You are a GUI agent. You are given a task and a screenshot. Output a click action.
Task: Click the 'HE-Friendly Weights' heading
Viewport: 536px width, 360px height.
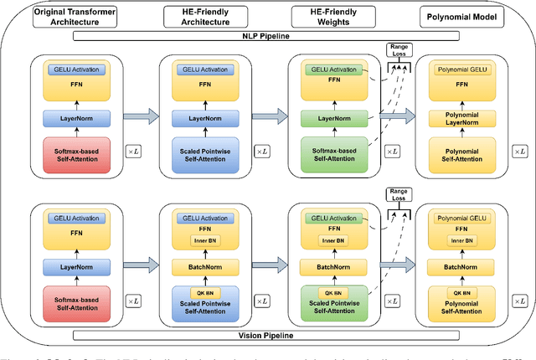coord(332,16)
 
